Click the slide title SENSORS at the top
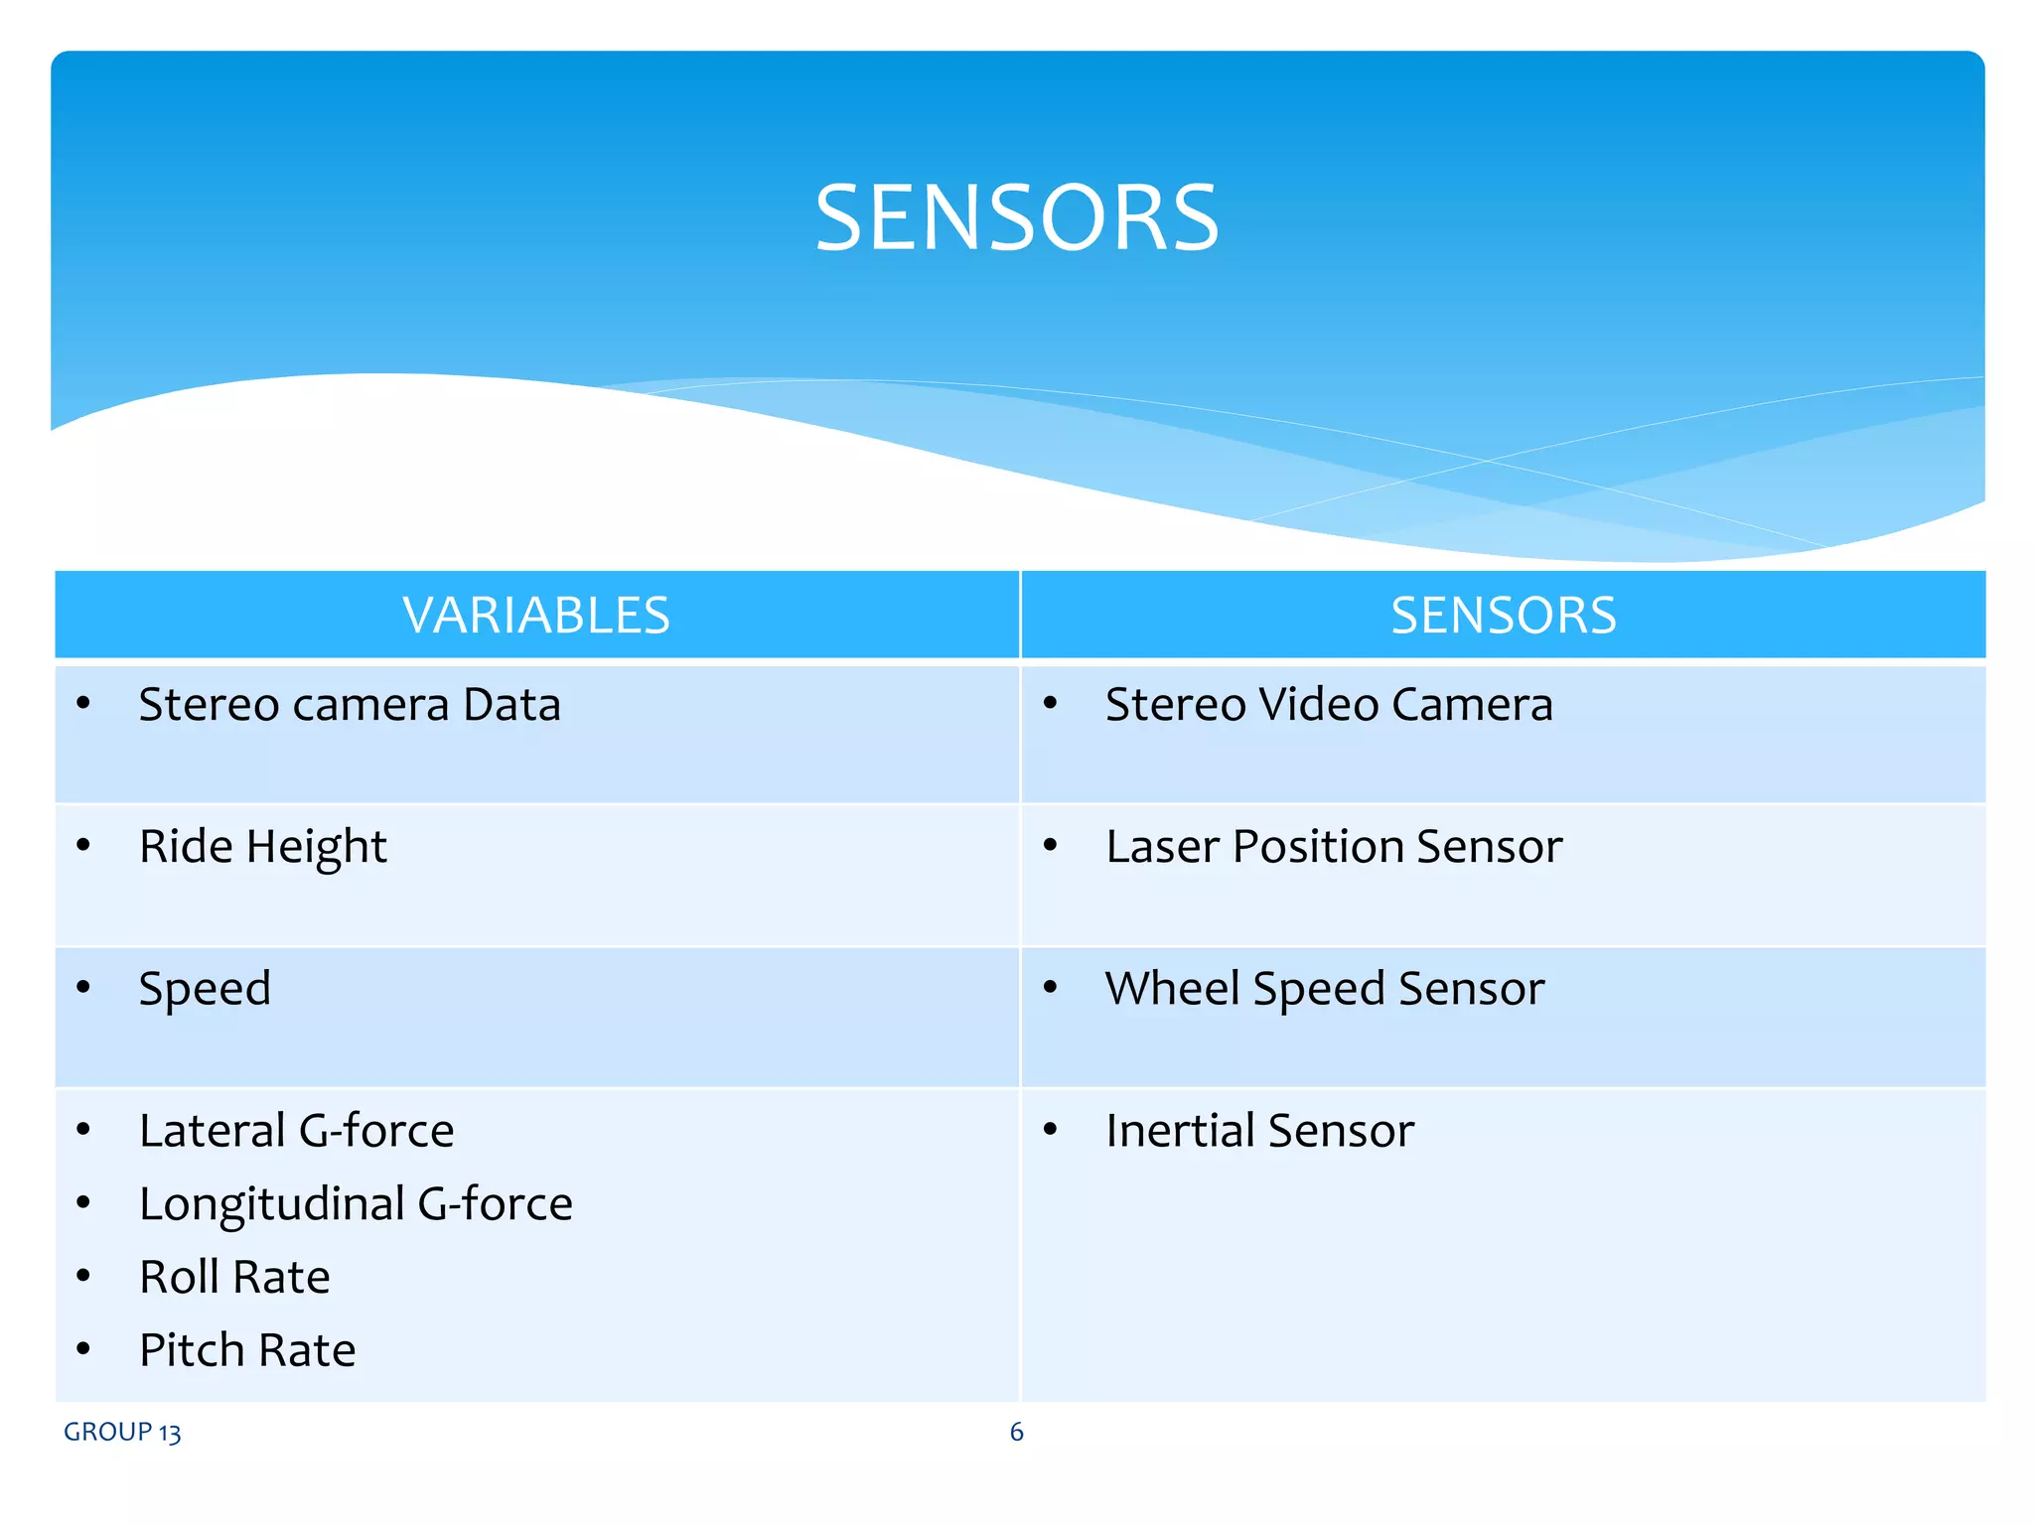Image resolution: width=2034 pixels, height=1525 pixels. [x=1016, y=217]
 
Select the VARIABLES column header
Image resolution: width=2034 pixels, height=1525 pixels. [x=536, y=616]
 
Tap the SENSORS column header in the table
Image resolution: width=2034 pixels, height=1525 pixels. [x=1503, y=616]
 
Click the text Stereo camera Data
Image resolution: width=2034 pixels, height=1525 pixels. [x=350, y=705]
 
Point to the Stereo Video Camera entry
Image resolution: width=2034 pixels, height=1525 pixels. [x=1329, y=705]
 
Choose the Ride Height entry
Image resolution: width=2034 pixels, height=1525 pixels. [x=262, y=848]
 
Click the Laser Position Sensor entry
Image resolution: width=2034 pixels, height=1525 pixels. [x=1334, y=847]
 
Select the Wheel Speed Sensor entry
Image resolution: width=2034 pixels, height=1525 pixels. [x=1325, y=989]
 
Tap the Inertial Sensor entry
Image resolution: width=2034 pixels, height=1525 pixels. [x=1259, y=1131]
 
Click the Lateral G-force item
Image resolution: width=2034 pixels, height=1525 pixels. [x=296, y=1131]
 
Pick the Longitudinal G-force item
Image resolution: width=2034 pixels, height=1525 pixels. [x=356, y=1204]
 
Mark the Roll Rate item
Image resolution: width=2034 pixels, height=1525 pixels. [x=234, y=1278]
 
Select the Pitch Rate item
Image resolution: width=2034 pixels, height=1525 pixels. [x=247, y=1351]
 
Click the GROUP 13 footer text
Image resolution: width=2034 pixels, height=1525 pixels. [x=122, y=1433]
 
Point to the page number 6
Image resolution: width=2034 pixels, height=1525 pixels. [x=1016, y=1432]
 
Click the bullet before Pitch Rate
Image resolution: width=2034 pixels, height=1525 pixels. [x=83, y=1349]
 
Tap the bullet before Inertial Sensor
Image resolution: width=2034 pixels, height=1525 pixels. [x=1050, y=1129]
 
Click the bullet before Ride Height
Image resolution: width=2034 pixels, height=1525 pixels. [x=83, y=846]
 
